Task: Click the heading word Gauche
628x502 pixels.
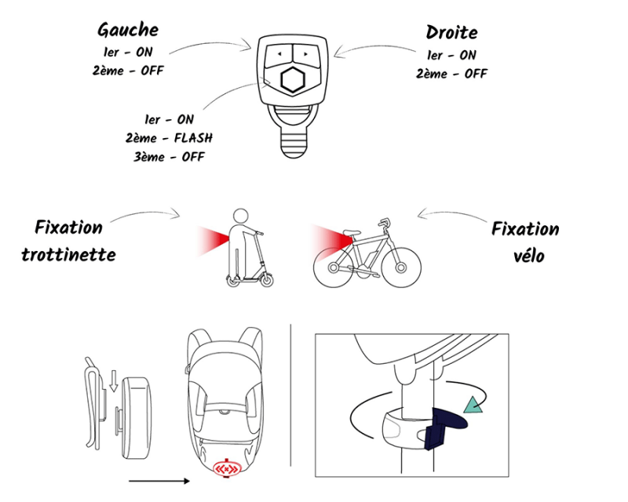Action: point(128,30)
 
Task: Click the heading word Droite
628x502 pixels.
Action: point(452,32)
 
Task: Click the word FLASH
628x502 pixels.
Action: point(193,138)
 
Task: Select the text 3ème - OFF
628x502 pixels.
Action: point(169,157)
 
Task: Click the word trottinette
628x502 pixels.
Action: point(68,255)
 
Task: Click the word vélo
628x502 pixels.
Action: point(528,256)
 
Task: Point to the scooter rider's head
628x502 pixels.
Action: point(241,216)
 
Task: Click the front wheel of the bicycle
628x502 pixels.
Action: point(401,267)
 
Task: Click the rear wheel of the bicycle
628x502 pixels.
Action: point(333,267)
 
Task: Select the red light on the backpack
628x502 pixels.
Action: point(226,468)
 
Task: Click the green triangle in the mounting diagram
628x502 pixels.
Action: point(473,405)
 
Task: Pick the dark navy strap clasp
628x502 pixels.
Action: point(444,427)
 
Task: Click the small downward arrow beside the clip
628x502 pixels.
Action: point(114,380)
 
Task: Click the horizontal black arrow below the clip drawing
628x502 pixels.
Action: point(159,481)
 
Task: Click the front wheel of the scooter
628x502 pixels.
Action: point(266,280)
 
